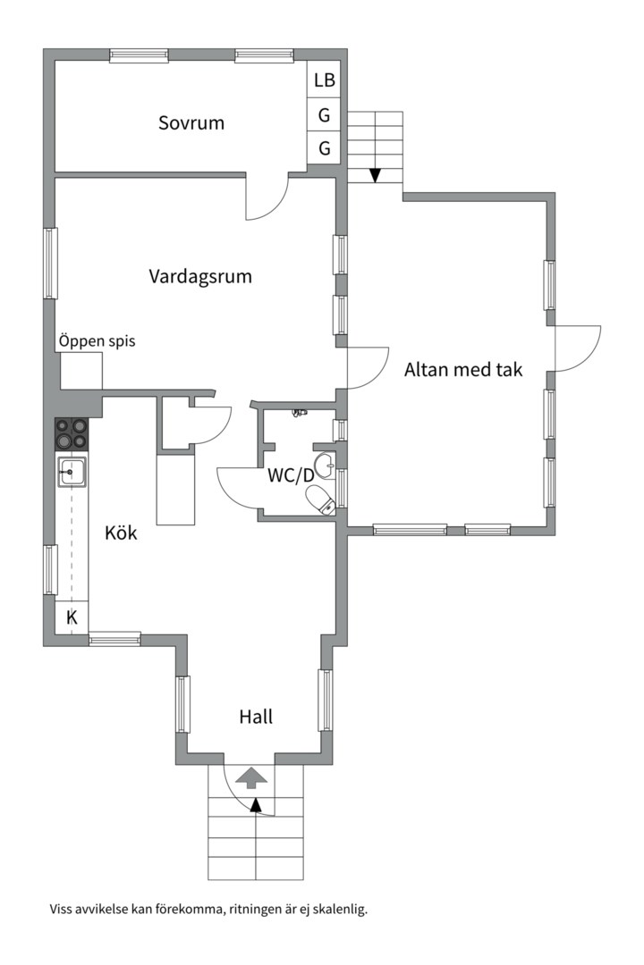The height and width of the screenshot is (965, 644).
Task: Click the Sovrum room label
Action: click(191, 123)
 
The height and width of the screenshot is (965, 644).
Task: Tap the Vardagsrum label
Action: click(199, 277)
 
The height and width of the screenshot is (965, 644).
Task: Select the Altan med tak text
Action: click(462, 369)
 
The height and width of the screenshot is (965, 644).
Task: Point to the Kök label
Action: click(121, 533)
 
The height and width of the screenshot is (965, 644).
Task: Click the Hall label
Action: click(256, 717)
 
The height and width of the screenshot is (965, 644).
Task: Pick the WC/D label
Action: click(291, 475)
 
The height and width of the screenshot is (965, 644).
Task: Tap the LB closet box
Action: click(324, 80)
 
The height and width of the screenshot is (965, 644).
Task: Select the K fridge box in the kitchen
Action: click(72, 617)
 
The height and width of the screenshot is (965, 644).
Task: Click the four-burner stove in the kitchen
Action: click(72, 434)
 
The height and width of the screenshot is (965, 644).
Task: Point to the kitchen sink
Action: click(72, 471)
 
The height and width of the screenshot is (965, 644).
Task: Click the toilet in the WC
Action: click(319, 499)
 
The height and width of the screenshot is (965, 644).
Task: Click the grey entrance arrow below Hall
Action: click(251, 777)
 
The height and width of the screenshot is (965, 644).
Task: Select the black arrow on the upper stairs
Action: click(375, 174)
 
